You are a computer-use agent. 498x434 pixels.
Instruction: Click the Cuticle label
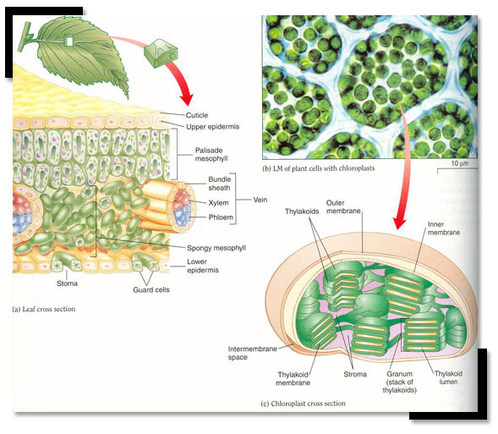pyautogui.click(x=197, y=115)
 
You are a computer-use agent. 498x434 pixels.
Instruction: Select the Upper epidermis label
pyautogui.click(x=213, y=126)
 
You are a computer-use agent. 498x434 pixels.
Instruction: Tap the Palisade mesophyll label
pyautogui.click(x=211, y=154)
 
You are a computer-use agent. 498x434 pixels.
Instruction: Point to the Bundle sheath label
pyautogui.click(x=219, y=184)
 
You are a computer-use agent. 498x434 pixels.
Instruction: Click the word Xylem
pyautogui.click(x=218, y=203)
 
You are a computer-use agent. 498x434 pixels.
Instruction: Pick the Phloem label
pyautogui.click(x=221, y=217)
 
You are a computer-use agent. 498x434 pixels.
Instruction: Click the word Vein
pyautogui.click(x=260, y=200)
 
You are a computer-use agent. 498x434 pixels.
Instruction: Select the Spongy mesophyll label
pyautogui.click(x=216, y=248)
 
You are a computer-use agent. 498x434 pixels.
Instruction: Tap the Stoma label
pyautogui.click(x=67, y=283)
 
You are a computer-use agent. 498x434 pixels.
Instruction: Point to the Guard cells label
pyautogui.click(x=151, y=289)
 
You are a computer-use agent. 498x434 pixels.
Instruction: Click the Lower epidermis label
pyautogui.click(x=203, y=266)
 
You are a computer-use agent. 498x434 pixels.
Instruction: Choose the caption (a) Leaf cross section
pyautogui.click(x=43, y=309)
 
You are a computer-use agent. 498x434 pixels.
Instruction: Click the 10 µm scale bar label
pyautogui.click(x=460, y=163)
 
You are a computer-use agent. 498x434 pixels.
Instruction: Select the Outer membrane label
pyautogui.click(x=343, y=206)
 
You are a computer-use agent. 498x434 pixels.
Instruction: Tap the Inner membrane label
pyautogui.click(x=444, y=228)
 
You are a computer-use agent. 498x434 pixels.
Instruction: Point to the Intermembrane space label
pyautogui.click(x=253, y=353)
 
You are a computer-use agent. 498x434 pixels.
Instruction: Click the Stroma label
pyautogui.click(x=355, y=374)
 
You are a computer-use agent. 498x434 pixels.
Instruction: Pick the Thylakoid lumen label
pyautogui.click(x=448, y=377)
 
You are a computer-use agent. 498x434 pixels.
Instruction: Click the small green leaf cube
pyautogui.click(x=161, y=53)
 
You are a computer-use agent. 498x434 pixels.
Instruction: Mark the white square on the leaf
pyautogui.click(x=69, y=41)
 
